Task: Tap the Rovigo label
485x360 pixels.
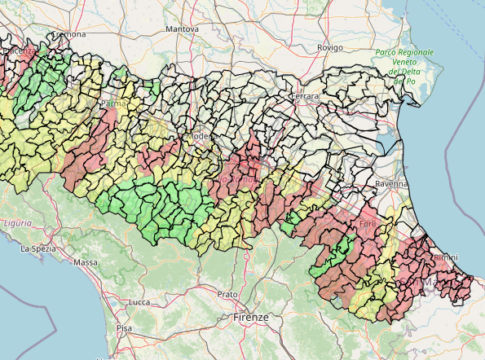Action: coord(329,47)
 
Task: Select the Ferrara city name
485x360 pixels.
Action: coord(305,96)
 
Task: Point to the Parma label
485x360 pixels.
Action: coord(110,102)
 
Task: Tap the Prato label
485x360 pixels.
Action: coord(228,294)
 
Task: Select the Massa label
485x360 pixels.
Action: coord(86,262)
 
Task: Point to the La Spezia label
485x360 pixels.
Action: coord(37,248)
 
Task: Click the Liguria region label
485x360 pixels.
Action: coord(17,223)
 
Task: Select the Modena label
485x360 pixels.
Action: coord(201,136)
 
